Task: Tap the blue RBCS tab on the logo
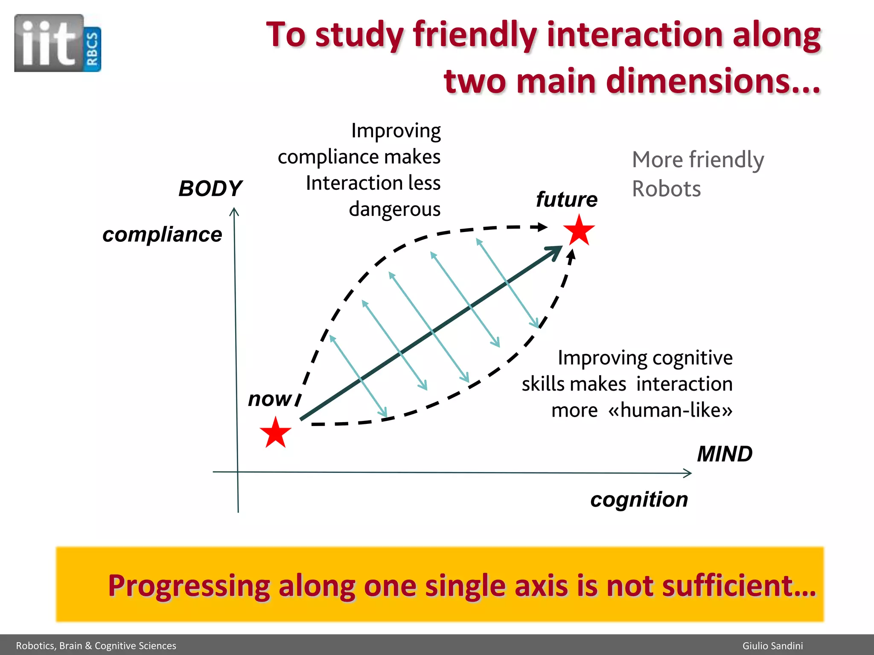(x=92, y=49)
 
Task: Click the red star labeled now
(x=275, y=433)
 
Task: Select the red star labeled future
(x=579, y=231)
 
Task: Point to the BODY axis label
(x=210, y=188)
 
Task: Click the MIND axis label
(x=725, y=454)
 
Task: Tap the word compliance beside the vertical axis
(x=162, y=235)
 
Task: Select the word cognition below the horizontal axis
(x=639, y=499)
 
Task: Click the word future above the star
(x=566, y=199)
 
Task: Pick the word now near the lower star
(x=270, y=399)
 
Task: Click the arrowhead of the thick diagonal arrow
(x=555, y=251)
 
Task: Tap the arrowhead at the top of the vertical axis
(x=234, y=212)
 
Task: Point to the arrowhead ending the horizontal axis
(x=688, y=473)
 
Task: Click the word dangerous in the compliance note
(x=394, y=209)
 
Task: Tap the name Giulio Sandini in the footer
(x=772, y=646)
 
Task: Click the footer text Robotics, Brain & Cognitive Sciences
(x=96, y=646)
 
